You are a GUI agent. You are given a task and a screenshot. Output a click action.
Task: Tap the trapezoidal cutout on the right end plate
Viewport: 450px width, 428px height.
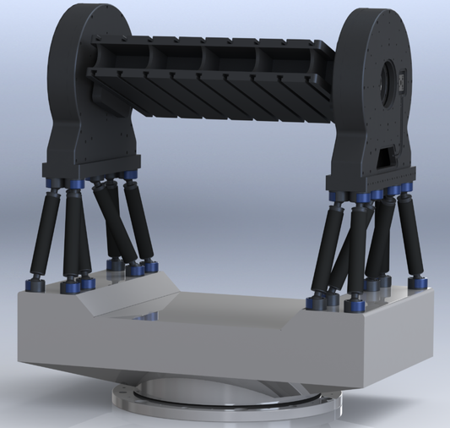(391, 157)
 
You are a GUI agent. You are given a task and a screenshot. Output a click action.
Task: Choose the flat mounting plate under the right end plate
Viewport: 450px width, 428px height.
(371, 178)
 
